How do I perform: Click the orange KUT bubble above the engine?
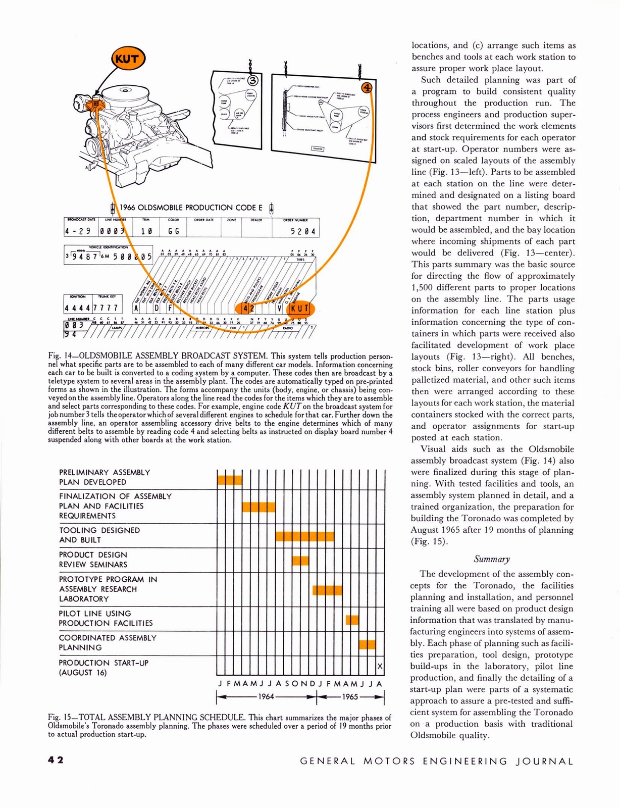pyautogui.click(x=127, y=59)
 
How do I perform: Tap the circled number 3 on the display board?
pyautogui.click(x=253, y=80)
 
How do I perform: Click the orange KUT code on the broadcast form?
pyautogui.click(x=300, y=308)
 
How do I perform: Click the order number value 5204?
pyautogui.click(x=303, y=231)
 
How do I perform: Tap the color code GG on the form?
pyautogui.click(x=174, y=231)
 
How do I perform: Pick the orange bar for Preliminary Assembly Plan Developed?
pyautogui.click(x=229, y=480)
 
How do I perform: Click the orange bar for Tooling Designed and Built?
pyautogui.click(x=304, y=536)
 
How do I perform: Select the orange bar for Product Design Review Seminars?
pyautogui.click(x=300, y=560)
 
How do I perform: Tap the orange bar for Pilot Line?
pyautogui.click(x=352, y=619)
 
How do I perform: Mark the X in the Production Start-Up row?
pyautogui.click(x=380, y=667)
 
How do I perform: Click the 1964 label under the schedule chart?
pyautogui.click(x=266, y=697)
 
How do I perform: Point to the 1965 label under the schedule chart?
pyautogui.click(x=350, y=697)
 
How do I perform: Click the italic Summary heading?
pyautogui.click(x=492, y=559)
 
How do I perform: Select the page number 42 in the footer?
pyautogui.click(x=56, y=761)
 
